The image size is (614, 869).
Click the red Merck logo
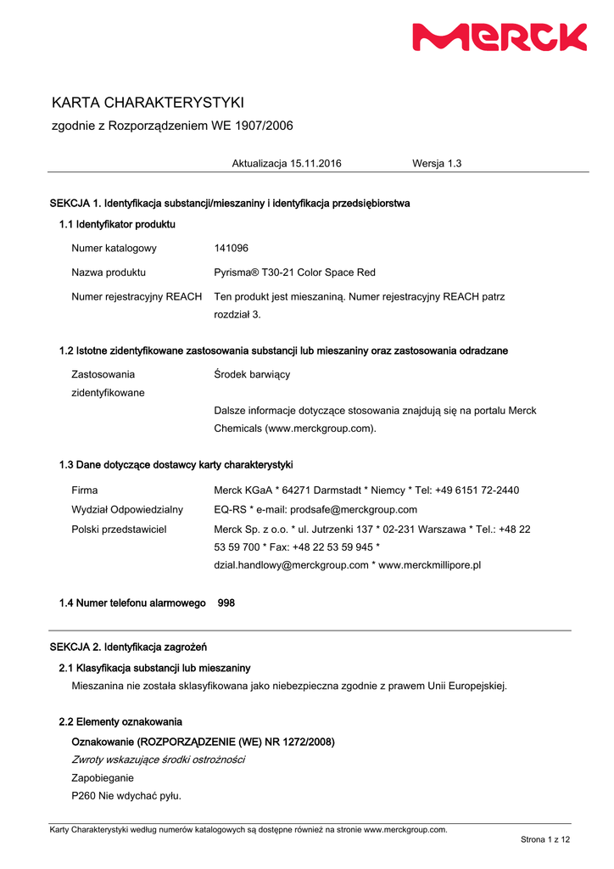[x=499, y=37]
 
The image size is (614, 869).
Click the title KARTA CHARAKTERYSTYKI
[x=148, y=103]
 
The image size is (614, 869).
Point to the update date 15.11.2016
[x=315, y=163]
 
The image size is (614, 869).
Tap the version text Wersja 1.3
[x=437, y=163]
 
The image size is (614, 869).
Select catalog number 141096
[x=232, y=248]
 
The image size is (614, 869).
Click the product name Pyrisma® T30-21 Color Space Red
[x=294, y=272]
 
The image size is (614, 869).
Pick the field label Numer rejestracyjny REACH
[x=137, y=296]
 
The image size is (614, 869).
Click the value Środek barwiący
[x=252, y=373]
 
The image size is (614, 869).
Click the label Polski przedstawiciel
[x=119, y=529]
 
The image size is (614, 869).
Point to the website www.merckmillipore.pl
[x=429, y=564]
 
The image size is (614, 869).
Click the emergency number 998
[x=226, y=603]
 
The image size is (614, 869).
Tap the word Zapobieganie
[x=103, y=777]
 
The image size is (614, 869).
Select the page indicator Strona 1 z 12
[x=545, y=839]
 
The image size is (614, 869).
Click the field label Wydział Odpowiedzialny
[x=127, y=509]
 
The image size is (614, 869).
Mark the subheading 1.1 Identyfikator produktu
[x=117, y=224]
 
